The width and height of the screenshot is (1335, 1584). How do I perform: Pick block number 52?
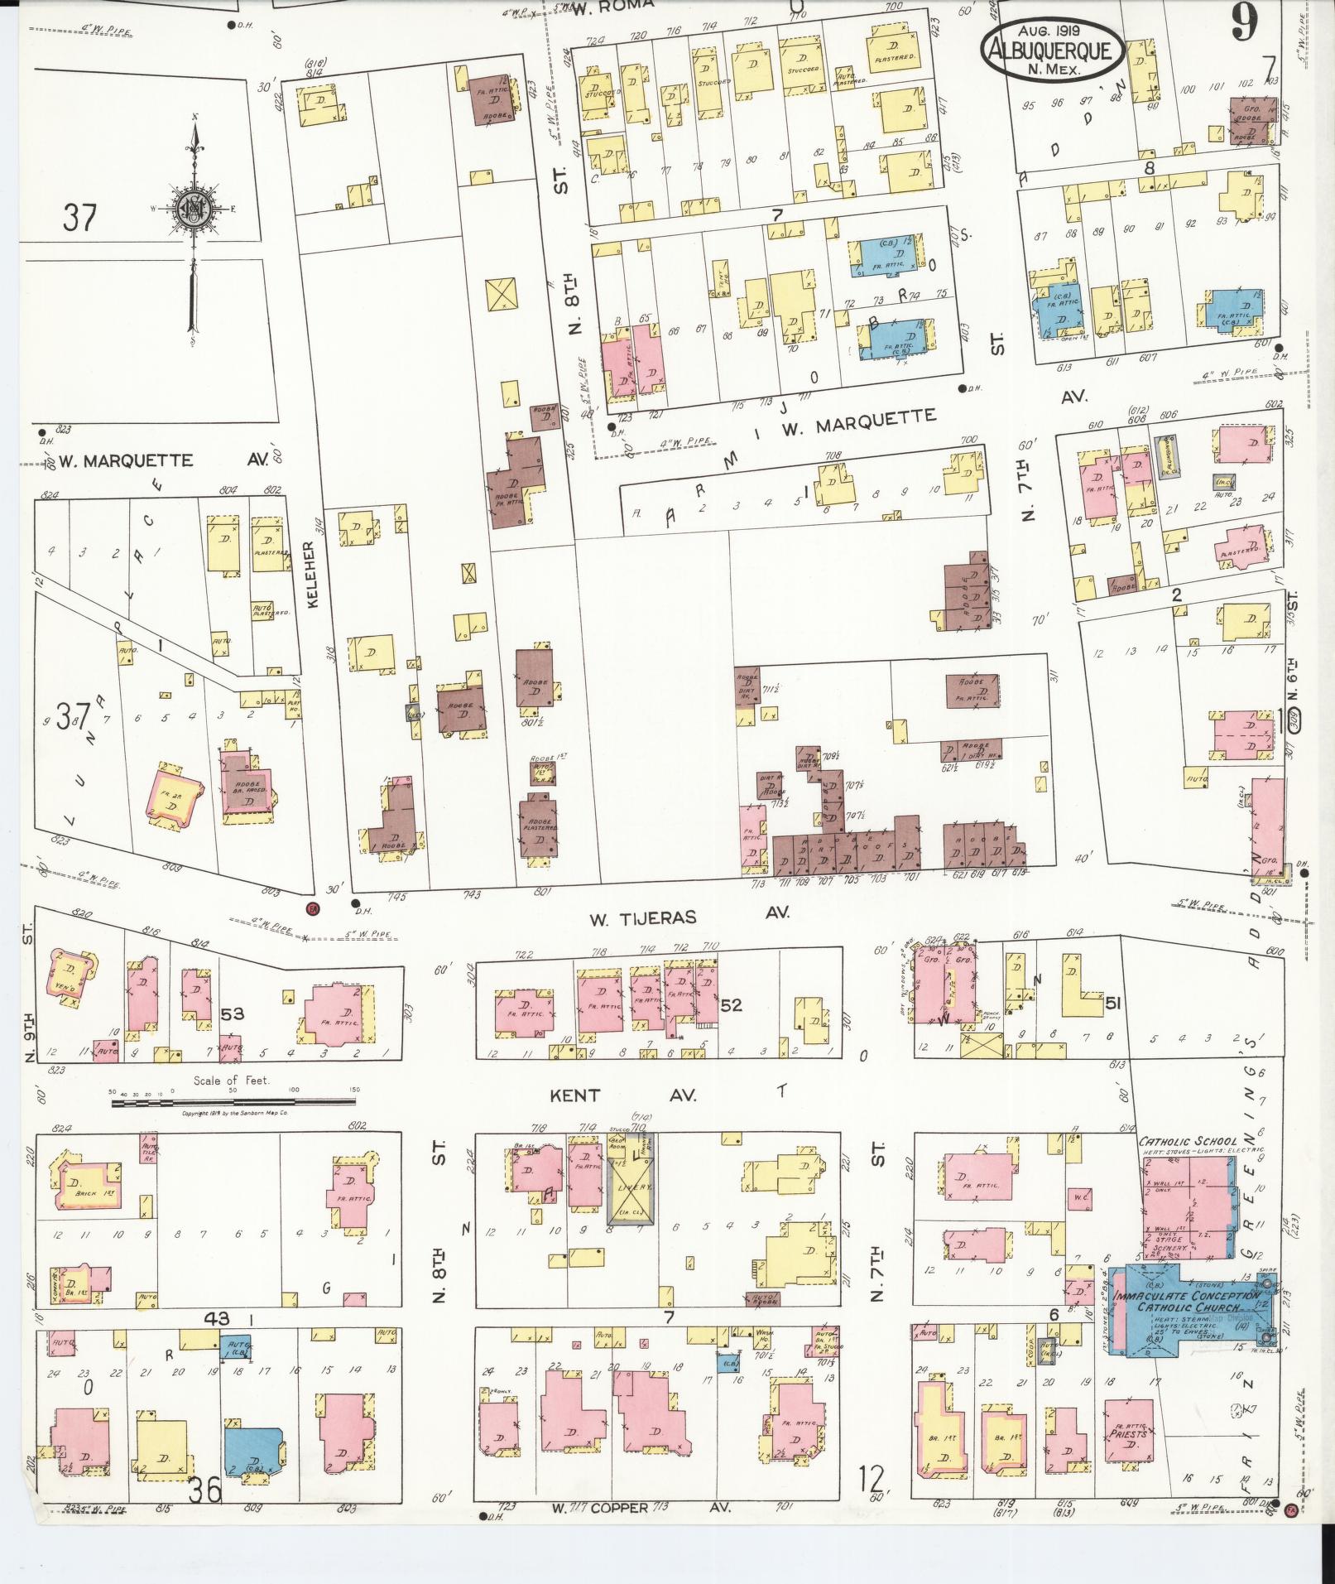pos(732,1005)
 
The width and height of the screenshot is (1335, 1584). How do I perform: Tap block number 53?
pos(234,1014)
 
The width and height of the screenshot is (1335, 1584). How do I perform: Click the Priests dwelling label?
pos(1131,1433)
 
